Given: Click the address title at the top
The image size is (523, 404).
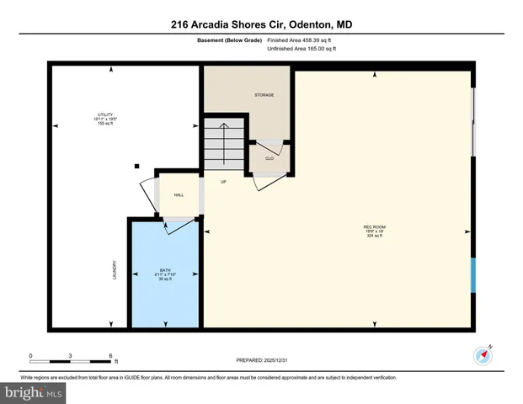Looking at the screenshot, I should (x=261, y=25).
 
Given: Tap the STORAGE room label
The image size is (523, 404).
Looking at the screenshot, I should (x=264, y=95).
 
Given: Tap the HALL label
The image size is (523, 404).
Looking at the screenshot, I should (x=179, y=195).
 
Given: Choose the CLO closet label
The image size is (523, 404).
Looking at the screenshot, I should (x=270, y=157).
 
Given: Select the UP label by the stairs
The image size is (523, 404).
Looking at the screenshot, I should (x=224, y=182).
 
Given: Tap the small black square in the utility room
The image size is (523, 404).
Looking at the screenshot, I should (x=137, y=166).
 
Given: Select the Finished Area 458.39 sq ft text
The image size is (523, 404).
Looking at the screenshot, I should (x=302, y=40).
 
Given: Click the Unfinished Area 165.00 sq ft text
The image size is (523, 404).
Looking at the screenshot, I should (x=302, y=50).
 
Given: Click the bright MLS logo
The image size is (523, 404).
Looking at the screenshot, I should (x=33, y=393).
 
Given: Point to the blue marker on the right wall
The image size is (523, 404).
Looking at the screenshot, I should (x=473, y=274).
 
